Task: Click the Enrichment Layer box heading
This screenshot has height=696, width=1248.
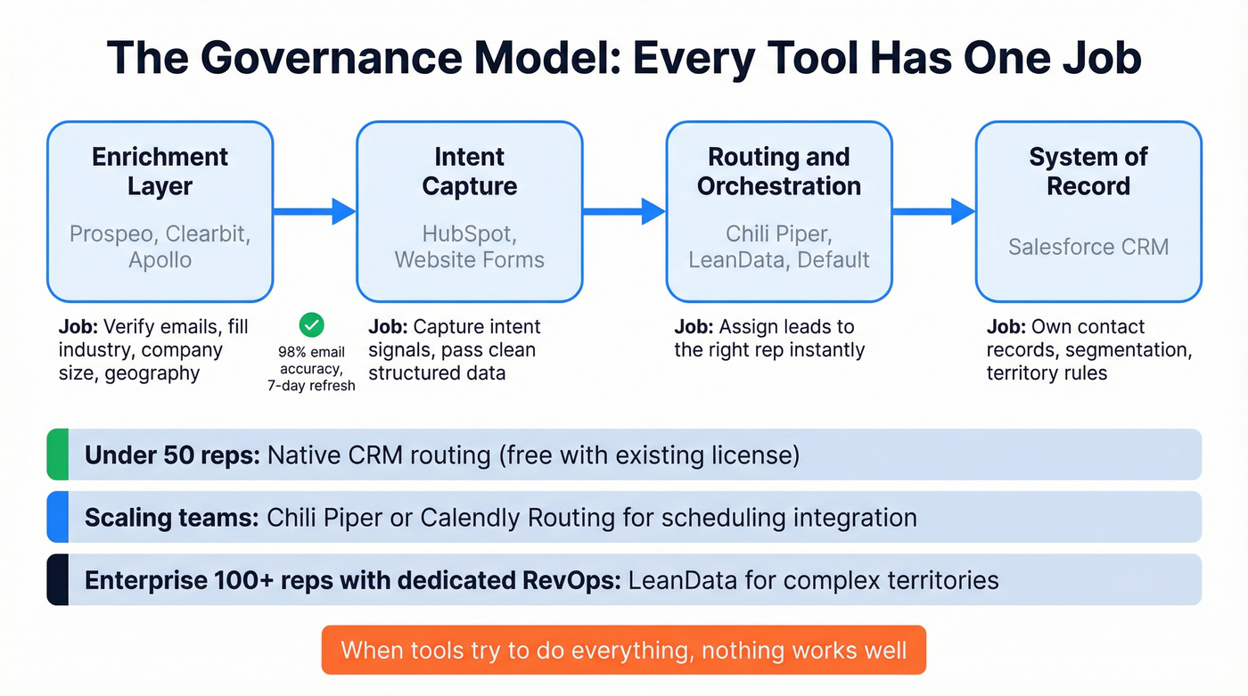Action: (160, 171)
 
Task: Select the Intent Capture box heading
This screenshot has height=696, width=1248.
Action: (469, 171)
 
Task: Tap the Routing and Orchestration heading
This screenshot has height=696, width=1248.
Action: (778, 171)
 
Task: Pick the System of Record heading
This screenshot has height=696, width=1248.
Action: (1088, 171)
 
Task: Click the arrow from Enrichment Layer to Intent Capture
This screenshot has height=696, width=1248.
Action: (315, 211)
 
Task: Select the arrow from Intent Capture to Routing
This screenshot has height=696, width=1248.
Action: (624, 211)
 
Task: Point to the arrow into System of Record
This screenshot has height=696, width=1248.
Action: (933, 211)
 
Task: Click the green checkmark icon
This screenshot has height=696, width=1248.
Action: (312, 324)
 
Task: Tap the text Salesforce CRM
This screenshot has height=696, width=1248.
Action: (1088, 247)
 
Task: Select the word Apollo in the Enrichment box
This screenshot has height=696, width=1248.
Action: (160, 260)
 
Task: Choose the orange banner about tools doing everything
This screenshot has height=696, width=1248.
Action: (623, 650)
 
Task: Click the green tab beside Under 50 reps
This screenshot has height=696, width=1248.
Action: (57, 454)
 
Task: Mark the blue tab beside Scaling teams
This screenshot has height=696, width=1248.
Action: (57, 517)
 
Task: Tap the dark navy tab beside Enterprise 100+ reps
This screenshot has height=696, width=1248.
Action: (57, 580)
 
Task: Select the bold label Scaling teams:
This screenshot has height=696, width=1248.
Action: (171, 518)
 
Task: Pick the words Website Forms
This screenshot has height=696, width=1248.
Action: (469, 260)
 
